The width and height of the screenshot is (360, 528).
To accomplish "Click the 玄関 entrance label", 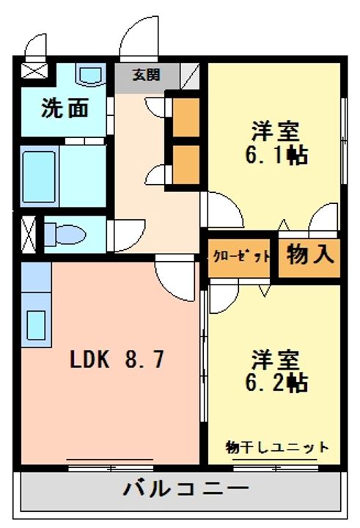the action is pyautogui.click(x=146, y=75).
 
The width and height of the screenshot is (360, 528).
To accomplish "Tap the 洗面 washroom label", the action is pyautogui.click(x=65, y=108).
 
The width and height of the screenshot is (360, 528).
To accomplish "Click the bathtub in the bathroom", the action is pyautogui.click(x=39, y=177).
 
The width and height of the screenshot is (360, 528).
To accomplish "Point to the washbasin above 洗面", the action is pyautogui.click(x=90, y=75).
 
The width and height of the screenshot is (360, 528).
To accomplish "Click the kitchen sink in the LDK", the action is pyautogui.click(x=36, y=326).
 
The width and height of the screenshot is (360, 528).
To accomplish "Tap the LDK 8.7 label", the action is pyautogui.click(x=117, y=359).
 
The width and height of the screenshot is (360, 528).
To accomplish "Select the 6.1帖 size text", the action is pyautogui.click(x=276, y=155).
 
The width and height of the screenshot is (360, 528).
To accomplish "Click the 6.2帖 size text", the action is pyautogui.click(x=276, y=383).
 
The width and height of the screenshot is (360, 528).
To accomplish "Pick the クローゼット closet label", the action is pyautogui.click(x=241, y=257).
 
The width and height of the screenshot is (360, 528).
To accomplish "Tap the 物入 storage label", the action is pyautogui.click(x=310, y=254).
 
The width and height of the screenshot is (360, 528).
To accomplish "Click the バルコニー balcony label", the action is pyautogui.click(x=186, y=488).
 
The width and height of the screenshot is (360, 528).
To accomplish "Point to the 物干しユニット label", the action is pyautogui.click(x=277, y=447).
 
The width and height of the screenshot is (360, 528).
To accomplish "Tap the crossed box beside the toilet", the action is pyautogui.click(x=29, y=235).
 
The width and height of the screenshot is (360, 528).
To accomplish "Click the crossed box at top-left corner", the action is pyautogui.click(x=34, y=70).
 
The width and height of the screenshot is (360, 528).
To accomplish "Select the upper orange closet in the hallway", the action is pyautogui.click(x=185, y=117).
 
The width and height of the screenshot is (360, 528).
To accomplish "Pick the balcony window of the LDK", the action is pyautogui.click(x=111, y=468).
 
